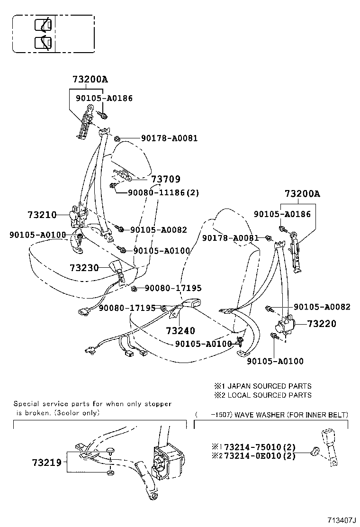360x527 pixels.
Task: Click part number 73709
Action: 165,179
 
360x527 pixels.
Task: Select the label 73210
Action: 42,215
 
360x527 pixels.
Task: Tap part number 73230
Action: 84,268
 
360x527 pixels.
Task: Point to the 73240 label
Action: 180,331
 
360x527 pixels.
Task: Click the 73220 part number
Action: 322,324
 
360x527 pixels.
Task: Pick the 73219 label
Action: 47,463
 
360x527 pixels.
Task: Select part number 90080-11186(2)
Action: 163,193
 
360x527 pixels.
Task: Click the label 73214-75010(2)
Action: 260,447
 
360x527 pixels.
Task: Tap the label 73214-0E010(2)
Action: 260,456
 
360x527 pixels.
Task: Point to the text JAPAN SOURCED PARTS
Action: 270,386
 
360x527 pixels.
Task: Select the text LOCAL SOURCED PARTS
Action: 270,395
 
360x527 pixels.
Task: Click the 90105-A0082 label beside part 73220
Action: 322,307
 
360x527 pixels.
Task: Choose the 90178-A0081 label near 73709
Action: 169,138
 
